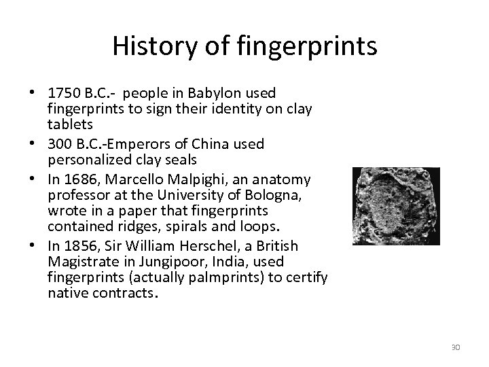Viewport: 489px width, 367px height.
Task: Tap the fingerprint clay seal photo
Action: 396,206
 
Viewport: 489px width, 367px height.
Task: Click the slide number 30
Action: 456,348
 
